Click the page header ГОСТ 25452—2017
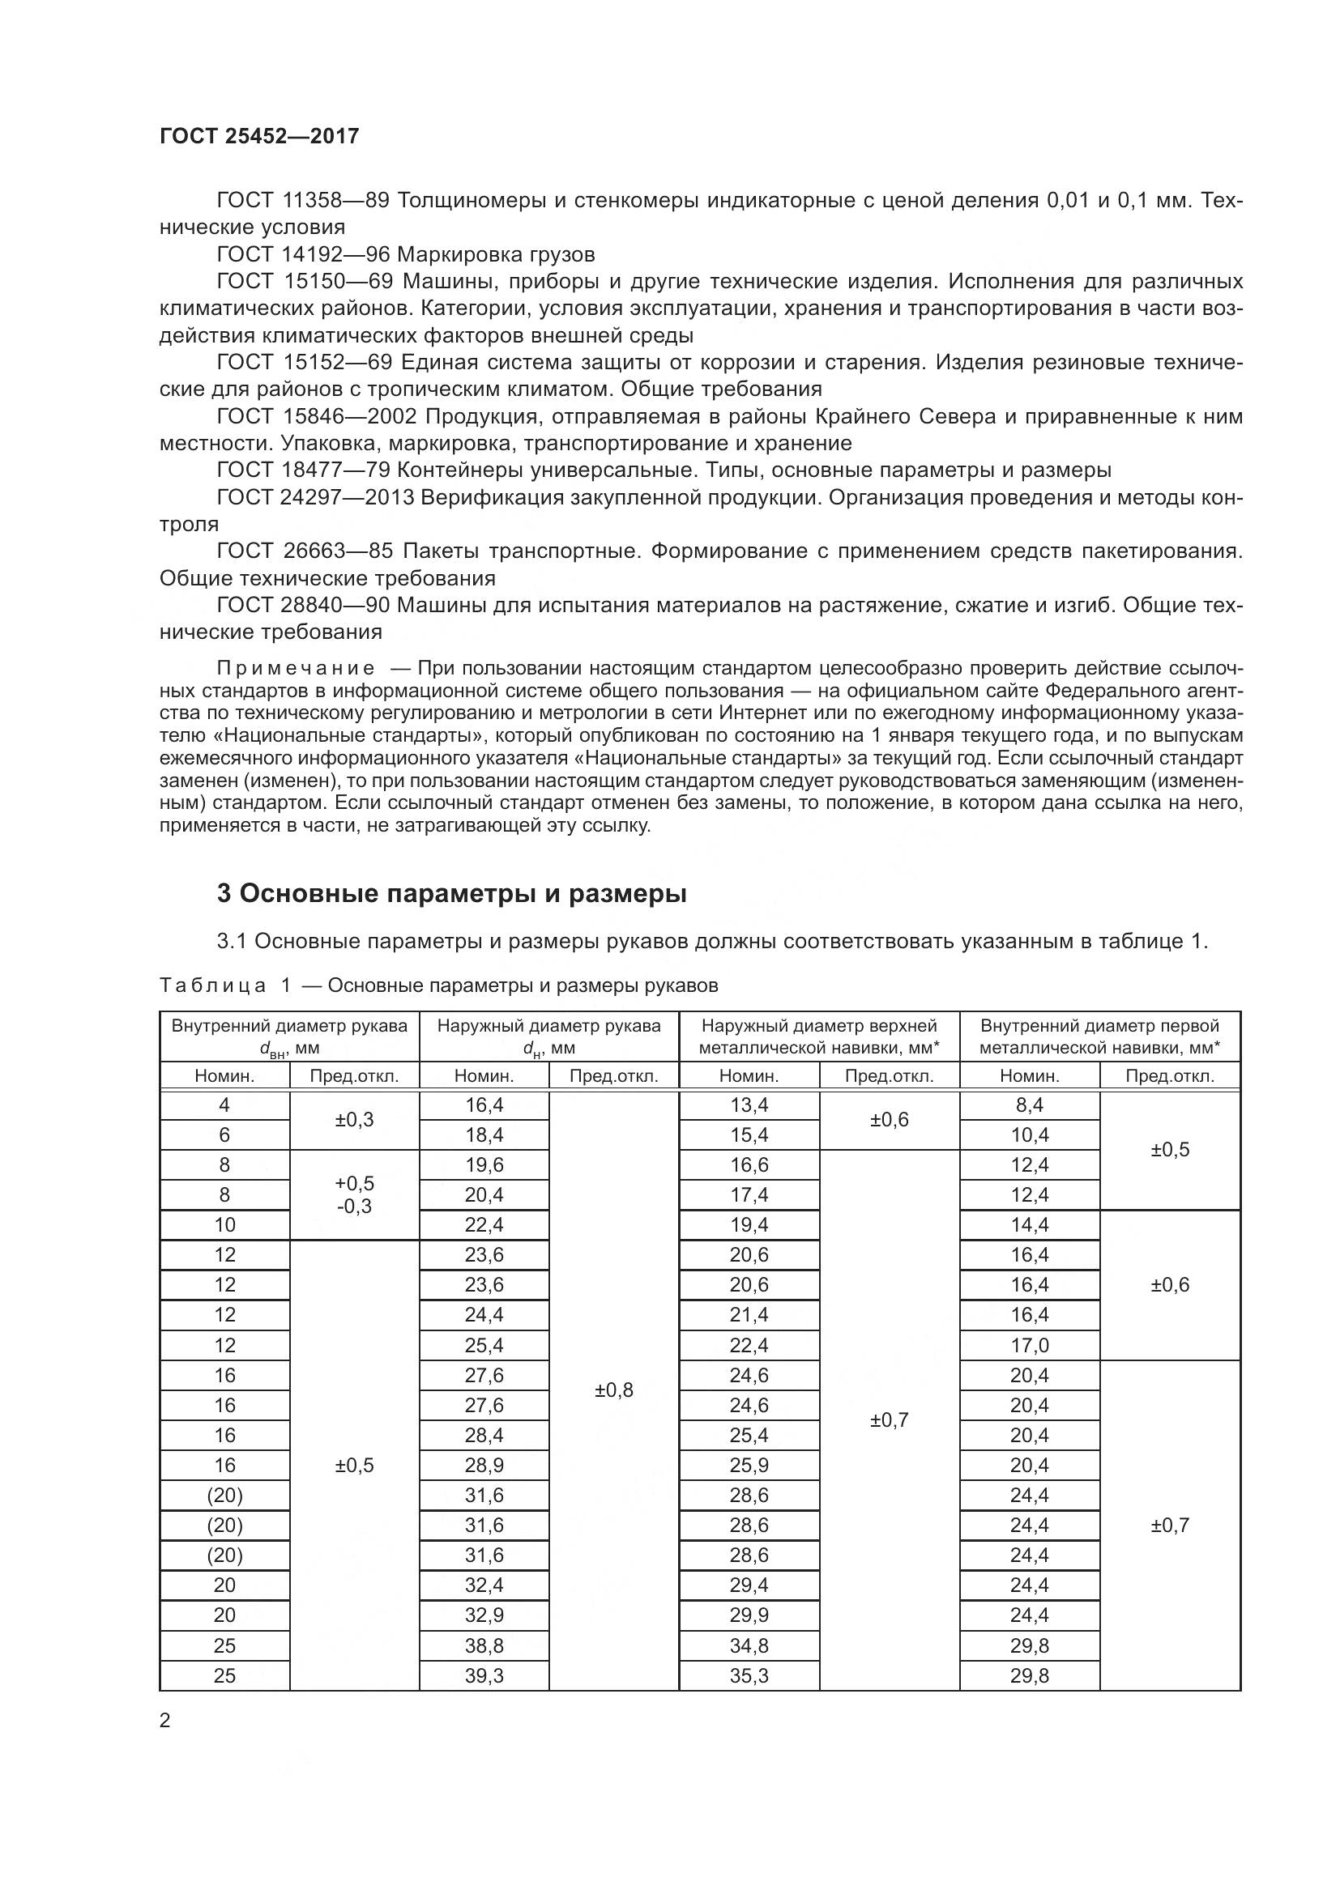(x=259, y=136)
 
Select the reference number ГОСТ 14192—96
(x=303, y=254)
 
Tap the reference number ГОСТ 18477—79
(x=303, y=470)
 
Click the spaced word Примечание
(x=297, y=668)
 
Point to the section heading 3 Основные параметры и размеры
(x=451, y=893)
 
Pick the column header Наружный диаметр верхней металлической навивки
(x=818, y=1036)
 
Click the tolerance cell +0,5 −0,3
(x=354, y=1194)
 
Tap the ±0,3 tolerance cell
(x=354, y=1119)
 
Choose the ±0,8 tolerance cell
(x=614, y=1390)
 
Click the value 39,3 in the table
(x=484, y=1675)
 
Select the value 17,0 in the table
(x=1029, y=1346)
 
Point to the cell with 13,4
(x=749, y=1104)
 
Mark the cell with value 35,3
(x=749, y=1675)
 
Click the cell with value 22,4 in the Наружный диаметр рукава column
(x=484, y=1225)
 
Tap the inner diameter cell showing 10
(x=224, y=1225)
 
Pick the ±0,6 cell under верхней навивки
(x=889, y=1119)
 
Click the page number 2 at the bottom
(x=165, y=1721)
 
